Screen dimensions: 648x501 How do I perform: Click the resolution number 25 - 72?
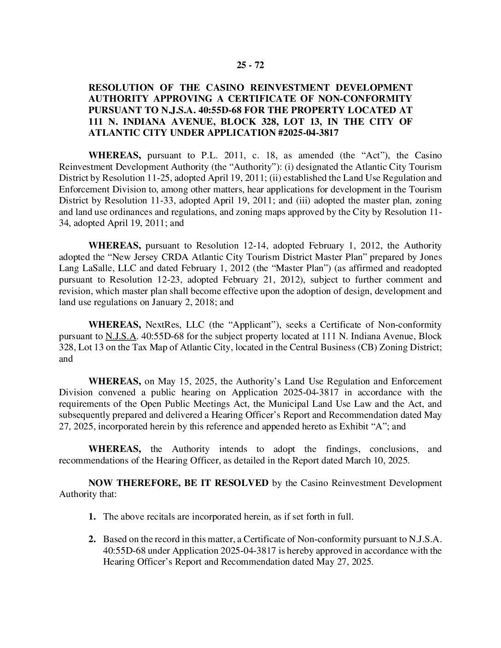pos(250,65)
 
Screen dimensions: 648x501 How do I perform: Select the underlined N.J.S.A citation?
pos(121,336)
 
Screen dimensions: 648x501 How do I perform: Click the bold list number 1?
pos(92,516)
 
